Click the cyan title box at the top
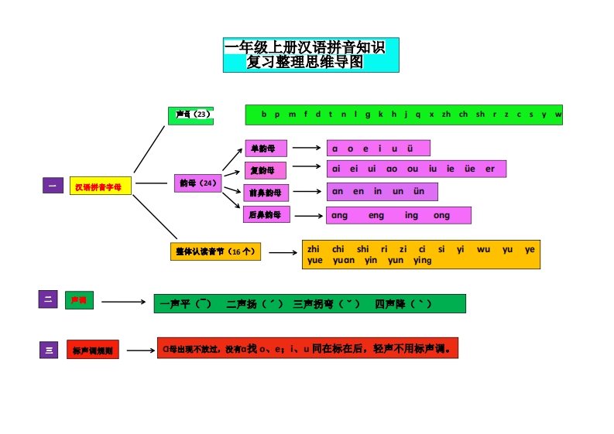(310, 55)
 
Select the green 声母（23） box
(190, 115)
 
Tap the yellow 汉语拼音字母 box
(100, 186)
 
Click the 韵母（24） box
(198, 183)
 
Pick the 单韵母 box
(265, 148)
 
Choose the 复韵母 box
(265, 169)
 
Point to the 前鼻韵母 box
(266, 192)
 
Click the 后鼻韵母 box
(266, 214)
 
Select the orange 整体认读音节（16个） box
(216, 251)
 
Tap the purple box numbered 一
(53, 186)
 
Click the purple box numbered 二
(48, 299)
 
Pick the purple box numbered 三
(49, 350)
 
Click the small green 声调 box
(79, 300)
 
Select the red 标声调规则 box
(93, 350)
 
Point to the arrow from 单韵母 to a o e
(307, 147)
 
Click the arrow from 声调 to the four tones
(124, 302)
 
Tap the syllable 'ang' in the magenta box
(339, 215)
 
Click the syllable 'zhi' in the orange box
(314, 249)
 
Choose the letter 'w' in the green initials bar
(557, 114)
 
